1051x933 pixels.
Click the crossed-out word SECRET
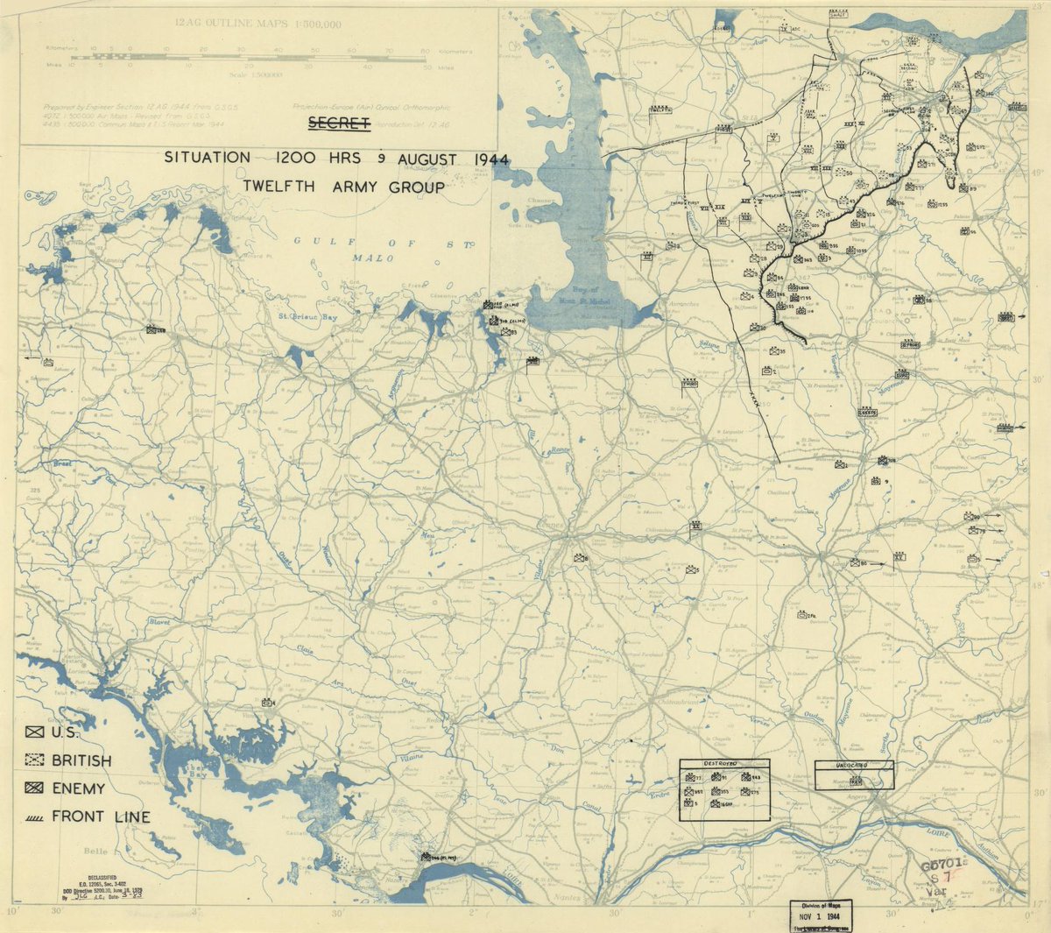[339, 123]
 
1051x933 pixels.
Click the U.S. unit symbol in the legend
[35, 732]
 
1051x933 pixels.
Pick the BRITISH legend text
[81, 760]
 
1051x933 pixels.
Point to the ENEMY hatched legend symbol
[35, 788]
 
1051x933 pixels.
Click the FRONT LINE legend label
[101, 816]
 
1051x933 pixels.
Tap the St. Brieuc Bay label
[307, 315]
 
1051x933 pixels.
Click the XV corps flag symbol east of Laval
[899, 556]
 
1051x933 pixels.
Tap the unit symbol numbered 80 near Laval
[856, 562]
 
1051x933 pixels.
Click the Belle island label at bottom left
[95, 851]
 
